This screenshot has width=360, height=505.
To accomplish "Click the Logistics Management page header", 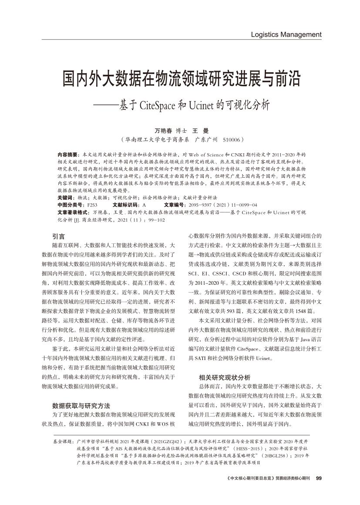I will tap(286, 34).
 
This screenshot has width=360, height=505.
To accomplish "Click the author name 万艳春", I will tap(163, 130).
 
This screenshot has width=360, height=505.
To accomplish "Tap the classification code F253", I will tap(92, 205).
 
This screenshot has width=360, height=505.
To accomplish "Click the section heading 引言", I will tap(59, 236).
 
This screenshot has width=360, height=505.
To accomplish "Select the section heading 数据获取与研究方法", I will tap(81, 405).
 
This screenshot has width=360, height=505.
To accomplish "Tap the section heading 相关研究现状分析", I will tap(225, 377).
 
